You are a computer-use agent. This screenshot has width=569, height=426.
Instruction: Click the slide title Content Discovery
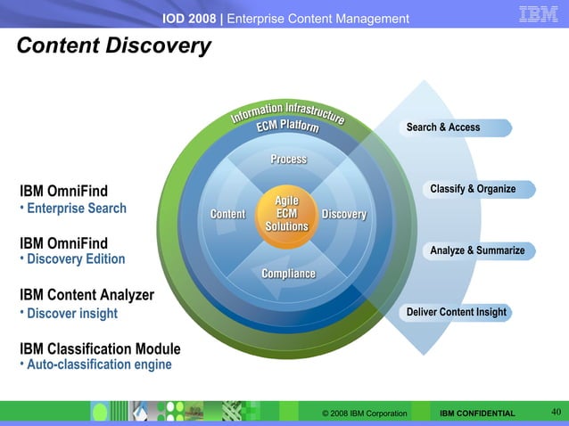pos(113,46)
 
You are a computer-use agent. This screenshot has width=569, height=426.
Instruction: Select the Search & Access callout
pos(443,127)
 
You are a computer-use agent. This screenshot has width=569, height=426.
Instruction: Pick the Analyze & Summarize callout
pos(477,250)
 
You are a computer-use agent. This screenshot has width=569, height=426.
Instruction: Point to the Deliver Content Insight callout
pos(456,312)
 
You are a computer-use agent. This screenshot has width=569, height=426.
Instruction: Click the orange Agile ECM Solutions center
pos(286,214)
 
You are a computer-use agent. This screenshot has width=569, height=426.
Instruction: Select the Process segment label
pos(288,160)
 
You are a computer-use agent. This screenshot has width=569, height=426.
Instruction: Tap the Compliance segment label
pos(288,273)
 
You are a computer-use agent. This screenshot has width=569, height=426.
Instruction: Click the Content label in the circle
pos(227,214)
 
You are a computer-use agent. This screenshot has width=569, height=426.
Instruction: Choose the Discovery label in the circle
pos(343,214)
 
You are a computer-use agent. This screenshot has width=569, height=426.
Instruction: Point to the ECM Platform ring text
pos(288,127)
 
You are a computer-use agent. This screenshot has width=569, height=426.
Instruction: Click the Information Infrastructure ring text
pos(288,111)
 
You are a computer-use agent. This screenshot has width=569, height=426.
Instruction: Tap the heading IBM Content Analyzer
pos(87,295)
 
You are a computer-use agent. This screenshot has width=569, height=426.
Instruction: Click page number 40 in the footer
pos(555,411)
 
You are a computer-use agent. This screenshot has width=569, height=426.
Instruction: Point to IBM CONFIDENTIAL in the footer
pos(477,414)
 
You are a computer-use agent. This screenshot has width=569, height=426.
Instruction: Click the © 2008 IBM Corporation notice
pos(365,414)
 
